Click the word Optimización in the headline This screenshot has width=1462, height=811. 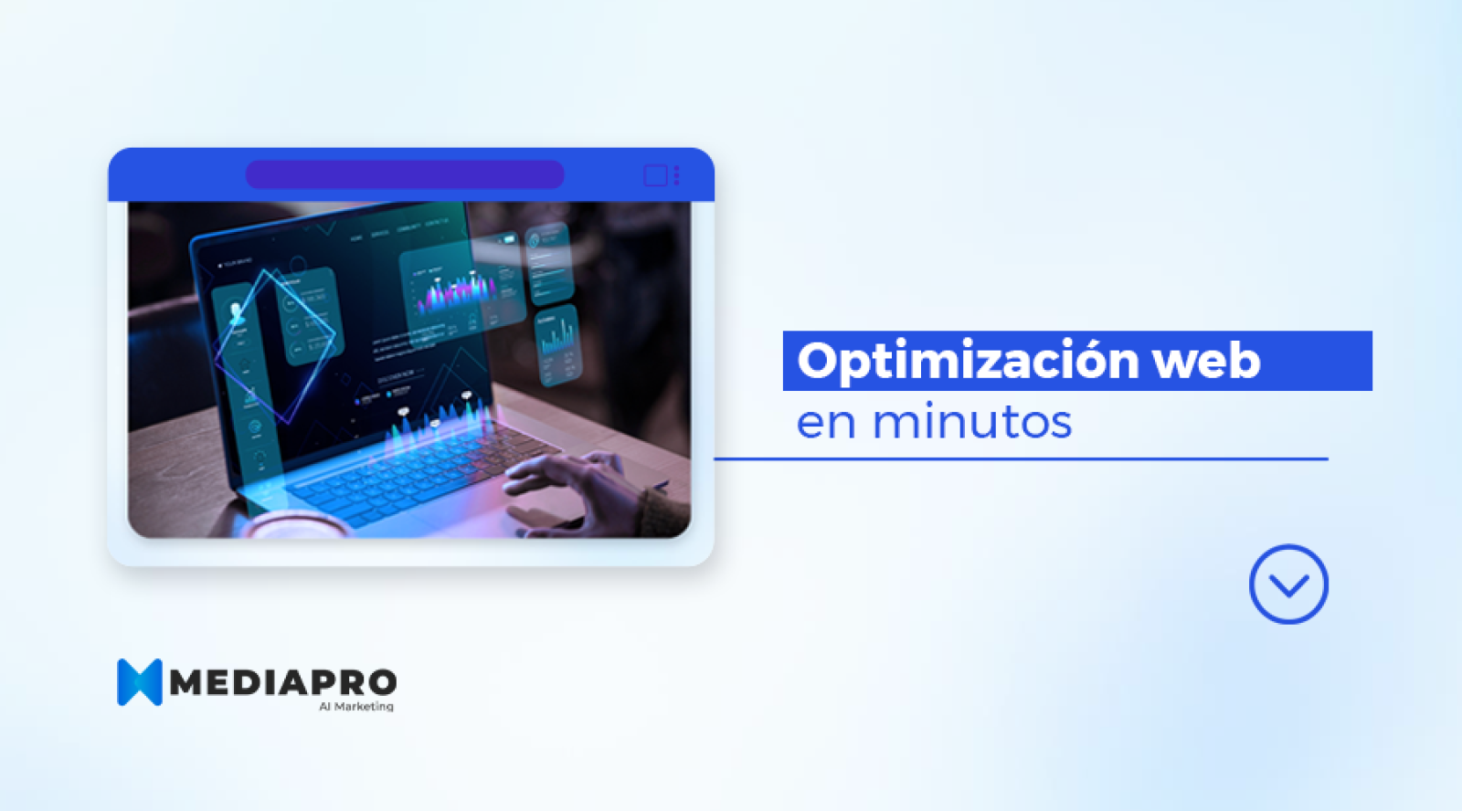[967, 362]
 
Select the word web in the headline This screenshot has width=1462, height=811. [1206, 362]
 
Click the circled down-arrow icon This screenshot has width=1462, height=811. [1288, 585]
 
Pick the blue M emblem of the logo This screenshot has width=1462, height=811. [139, 682]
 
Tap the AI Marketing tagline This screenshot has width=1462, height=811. [356, 707]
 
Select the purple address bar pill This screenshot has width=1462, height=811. [405, 174]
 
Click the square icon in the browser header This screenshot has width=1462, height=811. [655, 175]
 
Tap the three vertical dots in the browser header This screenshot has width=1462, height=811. [677, 175]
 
